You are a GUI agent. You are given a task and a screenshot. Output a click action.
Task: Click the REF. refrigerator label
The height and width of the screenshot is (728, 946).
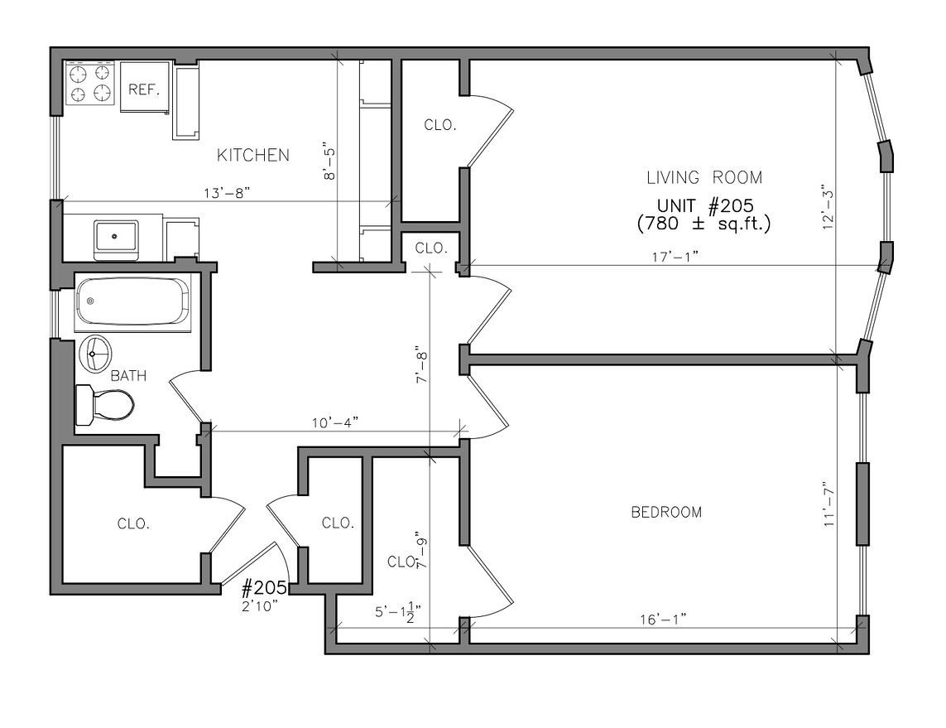[144, 89]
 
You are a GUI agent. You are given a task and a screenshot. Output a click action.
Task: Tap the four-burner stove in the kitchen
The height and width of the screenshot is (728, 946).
[90, 83]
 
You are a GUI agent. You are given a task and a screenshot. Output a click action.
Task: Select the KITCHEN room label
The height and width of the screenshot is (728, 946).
[252, 155]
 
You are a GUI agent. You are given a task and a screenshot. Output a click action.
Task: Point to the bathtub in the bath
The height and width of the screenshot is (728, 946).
[132, 301]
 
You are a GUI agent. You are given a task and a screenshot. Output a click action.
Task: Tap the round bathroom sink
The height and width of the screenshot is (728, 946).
[96, 354]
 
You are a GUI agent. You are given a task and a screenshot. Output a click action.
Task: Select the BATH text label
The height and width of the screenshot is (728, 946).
[128, 376]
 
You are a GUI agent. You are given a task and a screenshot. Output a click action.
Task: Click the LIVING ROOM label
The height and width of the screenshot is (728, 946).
[703, 177]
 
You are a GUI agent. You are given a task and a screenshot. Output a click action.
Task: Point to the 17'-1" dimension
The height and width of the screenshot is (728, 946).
[674, 257]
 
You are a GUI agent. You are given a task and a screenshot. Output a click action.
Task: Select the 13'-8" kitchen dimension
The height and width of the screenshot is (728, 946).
[226, 193]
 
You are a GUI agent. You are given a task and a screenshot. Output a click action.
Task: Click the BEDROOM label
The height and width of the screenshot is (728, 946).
[665, 513]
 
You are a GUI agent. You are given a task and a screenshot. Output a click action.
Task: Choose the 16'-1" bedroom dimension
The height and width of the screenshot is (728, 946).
[663, 620]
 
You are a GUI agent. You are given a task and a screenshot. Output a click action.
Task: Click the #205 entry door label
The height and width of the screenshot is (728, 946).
[263, 588]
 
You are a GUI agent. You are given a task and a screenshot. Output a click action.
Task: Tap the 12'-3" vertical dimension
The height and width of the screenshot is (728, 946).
[825, 208]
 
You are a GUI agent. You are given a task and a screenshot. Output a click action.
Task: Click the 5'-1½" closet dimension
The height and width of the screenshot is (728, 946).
[398, 613]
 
